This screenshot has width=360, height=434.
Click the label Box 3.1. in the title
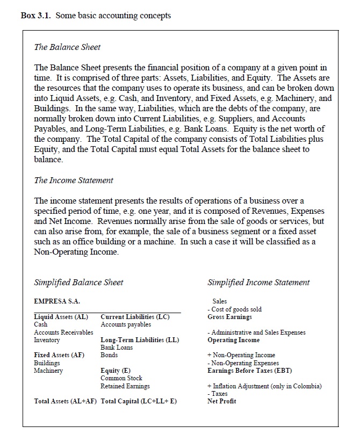point(35,16)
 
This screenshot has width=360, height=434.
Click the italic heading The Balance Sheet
point(67,47)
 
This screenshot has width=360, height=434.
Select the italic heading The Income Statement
point(74,180)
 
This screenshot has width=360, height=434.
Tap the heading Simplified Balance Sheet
point(78,283)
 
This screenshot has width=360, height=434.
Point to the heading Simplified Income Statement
point(258,283)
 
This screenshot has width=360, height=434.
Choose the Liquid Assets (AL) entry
point(61,317)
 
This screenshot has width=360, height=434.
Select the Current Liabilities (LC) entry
point(135,317)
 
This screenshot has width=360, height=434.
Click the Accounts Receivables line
point(63,332)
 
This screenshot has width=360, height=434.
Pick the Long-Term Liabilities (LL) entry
point(140,340)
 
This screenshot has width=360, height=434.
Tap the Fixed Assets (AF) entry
point(59,355)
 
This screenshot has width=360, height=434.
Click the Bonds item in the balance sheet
point(109,355)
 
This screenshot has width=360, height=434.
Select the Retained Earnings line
point(125,386)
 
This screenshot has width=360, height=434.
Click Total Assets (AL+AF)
point(66,401)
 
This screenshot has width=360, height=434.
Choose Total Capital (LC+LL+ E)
point(139,401)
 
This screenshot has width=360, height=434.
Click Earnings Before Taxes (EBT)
point(246,371)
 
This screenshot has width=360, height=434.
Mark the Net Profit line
point(221,401)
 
